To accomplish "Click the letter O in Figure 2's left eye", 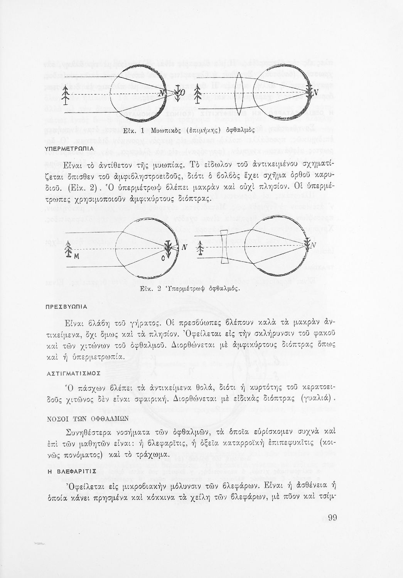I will click(163, 259).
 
